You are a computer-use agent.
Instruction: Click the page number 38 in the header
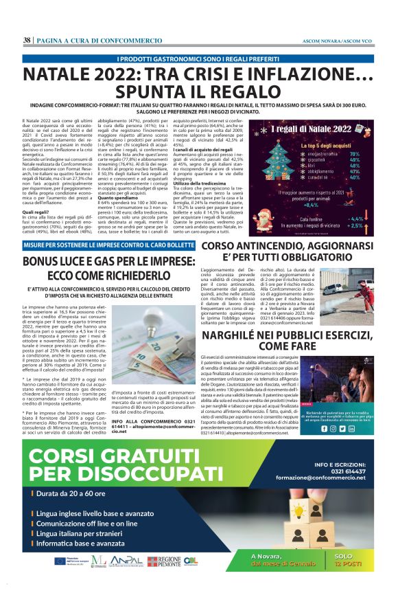click(x=27, y=41)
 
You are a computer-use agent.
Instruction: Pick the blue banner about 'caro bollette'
click(x=99, y=246)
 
